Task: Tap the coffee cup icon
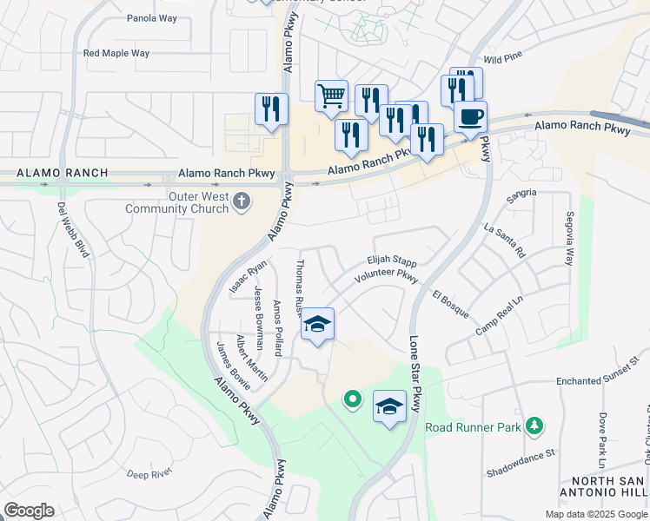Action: (470, 116)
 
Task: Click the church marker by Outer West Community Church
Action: (242, 202)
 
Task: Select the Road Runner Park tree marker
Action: (536, 425)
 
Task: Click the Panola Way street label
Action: (153, 18)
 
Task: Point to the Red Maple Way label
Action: (116, 53)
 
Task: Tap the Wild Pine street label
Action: (503, 59)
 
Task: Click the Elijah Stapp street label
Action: (392, 260)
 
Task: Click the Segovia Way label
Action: (570, 237)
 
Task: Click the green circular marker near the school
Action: (352, 399)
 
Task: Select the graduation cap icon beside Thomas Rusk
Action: (317, 325)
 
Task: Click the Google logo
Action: (29, 511)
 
